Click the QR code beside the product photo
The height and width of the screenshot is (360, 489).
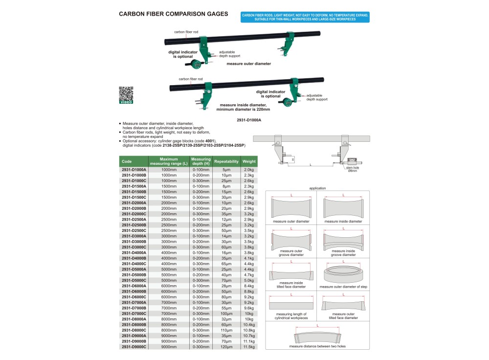coord(126,93)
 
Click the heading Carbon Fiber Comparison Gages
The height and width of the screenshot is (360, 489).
coord(174,14)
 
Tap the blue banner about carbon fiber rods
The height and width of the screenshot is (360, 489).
coord(306,17)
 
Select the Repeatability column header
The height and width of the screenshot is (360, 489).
coord(226,161)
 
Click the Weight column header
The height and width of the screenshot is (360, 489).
coord(249,161)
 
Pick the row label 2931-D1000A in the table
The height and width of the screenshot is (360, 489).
coord(133,169)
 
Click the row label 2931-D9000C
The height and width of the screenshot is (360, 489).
coord(133,347)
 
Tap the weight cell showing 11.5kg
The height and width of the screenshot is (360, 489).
coord(249,347)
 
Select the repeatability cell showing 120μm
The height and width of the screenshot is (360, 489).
coord(226,347)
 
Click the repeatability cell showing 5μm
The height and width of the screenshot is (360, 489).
coord(226,169)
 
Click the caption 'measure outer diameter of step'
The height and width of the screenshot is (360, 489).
coord(343,287)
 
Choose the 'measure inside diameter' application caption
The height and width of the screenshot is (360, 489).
coord(343,221)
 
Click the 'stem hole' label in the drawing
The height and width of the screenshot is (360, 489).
coord(352,168)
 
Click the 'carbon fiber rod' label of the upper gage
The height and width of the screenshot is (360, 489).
coord(186,32)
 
